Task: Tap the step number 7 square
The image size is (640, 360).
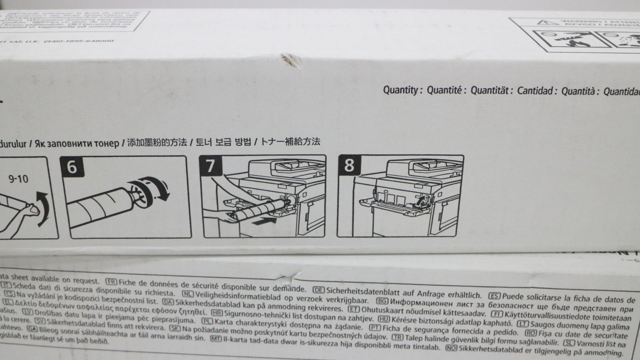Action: coord(211,166)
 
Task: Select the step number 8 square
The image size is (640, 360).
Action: coord(349,165)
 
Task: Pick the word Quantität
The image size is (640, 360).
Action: coord(491,91)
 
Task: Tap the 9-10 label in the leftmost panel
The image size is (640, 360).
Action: coord(18,179)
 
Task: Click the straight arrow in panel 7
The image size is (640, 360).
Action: coord(265,220)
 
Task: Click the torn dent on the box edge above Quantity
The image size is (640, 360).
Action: coord(291,59)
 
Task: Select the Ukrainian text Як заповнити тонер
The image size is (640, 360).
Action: coord(77,143)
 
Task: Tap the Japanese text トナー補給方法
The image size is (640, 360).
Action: coord(290,142)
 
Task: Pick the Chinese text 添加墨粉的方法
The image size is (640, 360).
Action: coord(157,143)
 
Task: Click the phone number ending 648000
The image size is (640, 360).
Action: coord(79,41)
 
